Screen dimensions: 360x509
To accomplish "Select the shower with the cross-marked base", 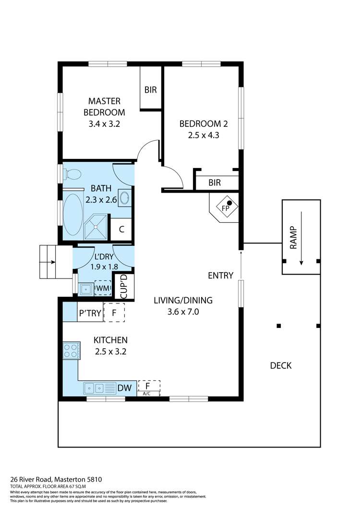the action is pyautogui.click(x=96, y=227).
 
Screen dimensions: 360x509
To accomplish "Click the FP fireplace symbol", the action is pyautogui.click(x=226, y=207).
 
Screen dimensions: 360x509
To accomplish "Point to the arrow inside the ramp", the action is pyautogui.click(x=301, y=238).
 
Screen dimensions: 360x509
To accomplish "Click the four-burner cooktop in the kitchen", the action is pyautogui.click(x=72, y=350).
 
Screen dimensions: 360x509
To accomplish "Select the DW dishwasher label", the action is pyautogui.click(x=125, y=388).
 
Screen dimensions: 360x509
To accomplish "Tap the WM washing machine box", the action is pyautogui.click(x=103, y=288).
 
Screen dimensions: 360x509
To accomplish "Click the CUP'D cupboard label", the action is pyautogui.click(x=123, y=287).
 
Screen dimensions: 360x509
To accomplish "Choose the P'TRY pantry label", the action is pyautogui.click(x=90, y=313).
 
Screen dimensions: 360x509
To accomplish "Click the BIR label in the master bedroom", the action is pyautogui.click(x=151, y=90).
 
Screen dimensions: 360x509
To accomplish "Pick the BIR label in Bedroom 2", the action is pyautogui.click(x=215, y=183).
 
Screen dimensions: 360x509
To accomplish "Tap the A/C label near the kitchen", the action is pyautogui.click(x=147, y=394).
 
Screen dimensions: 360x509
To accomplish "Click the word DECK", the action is pyautogui.click(x=281, y=366).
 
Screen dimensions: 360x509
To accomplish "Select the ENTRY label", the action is pyautogui.click(x=221, y=276).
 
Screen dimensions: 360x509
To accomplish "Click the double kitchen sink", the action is pyautogui.click(x=100, y=388).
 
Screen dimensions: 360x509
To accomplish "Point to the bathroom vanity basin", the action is pyautogui.click(x=125, y=197).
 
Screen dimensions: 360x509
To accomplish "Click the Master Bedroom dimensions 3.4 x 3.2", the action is pyautogui.click(x=104, y=124).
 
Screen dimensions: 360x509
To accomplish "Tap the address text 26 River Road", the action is pyautogui.click(x=31, y=479).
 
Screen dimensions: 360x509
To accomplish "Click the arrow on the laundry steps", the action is pyautogui.click(x=50, y=262).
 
